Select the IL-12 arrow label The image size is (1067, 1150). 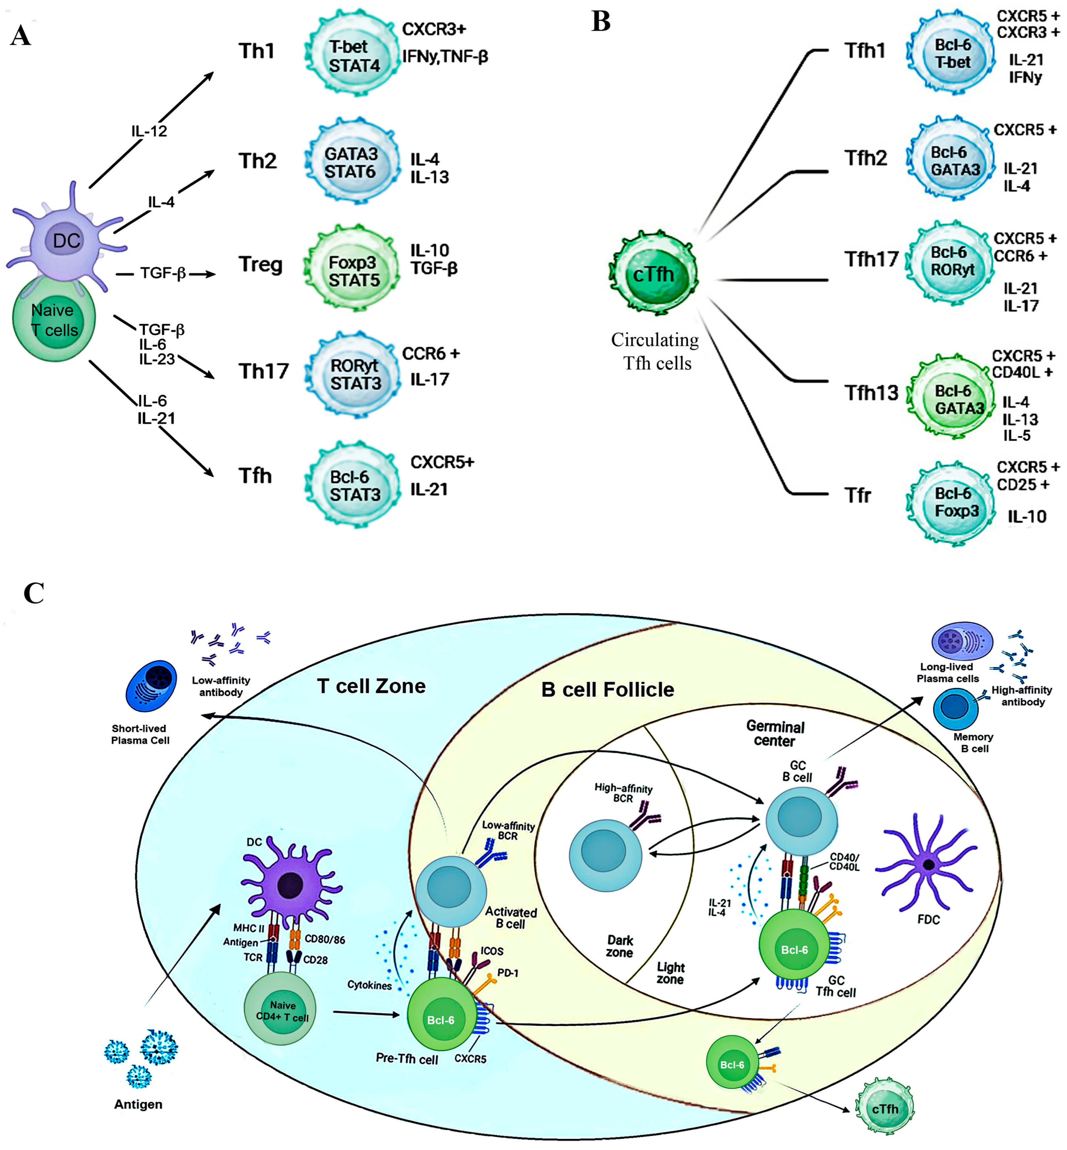(x=149, y=131)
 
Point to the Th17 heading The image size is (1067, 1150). (x=263, y=370)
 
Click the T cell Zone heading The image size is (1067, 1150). (x=371, y=686)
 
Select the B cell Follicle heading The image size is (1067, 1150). (x=607, y=689)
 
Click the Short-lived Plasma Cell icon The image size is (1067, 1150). (x=151, y=686)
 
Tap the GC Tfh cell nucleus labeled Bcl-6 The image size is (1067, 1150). (x=794, y=950)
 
